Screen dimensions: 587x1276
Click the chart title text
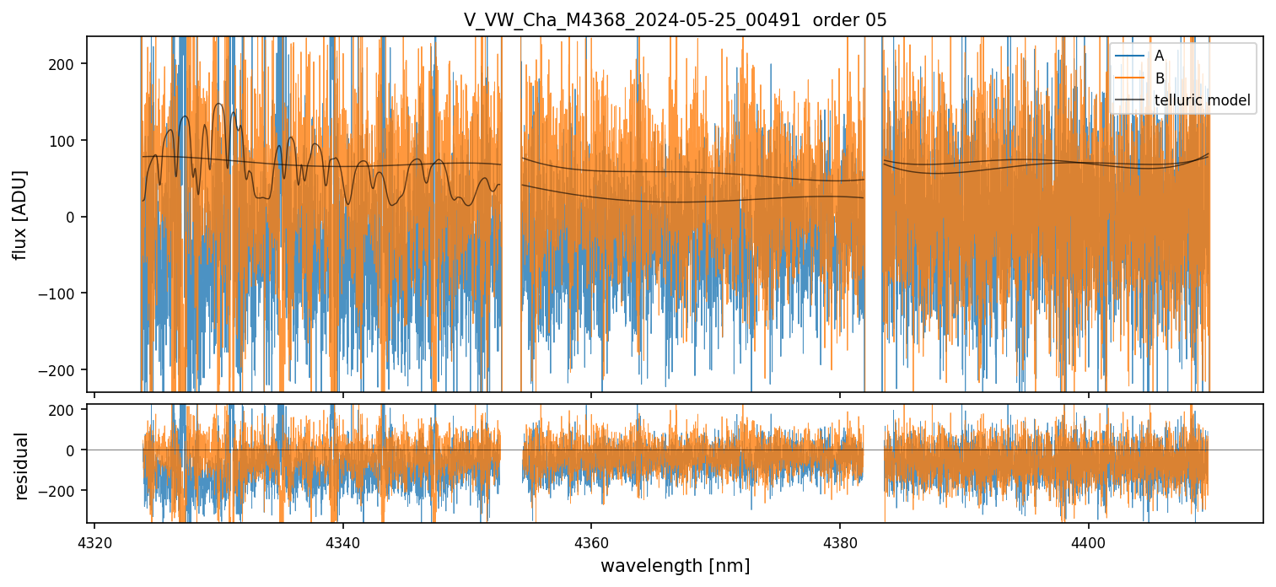pyautogui.click(x=675, y=20)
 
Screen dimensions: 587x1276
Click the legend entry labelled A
pyautogui.click(x=1159, y=56)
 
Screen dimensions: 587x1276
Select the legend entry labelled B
pyautogui.click(x=1159, y=78)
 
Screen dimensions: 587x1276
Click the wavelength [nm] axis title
pyautogui.click(x=675, y=565)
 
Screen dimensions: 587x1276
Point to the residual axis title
pyautogui.click(x=21, y=466)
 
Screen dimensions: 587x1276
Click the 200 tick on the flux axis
pyautogui.click(x=67, y=64)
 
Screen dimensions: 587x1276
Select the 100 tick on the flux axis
pyautogui.click(x=67, y=140)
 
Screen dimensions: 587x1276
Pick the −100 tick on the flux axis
pyautogui.click(x=62, y=293)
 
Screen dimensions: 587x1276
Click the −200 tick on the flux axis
pyautogui.click(x=62, y=369)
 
